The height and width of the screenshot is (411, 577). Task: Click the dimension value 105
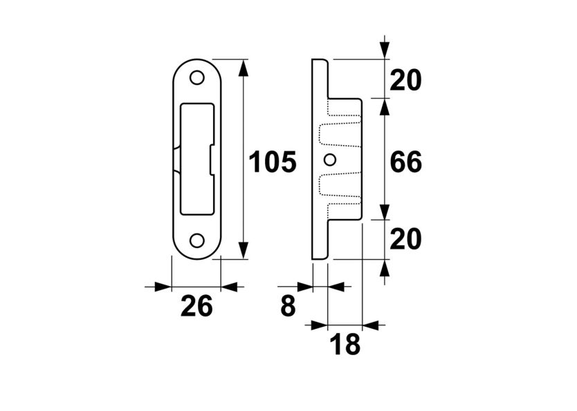pyautogui.click(x=273, y=162)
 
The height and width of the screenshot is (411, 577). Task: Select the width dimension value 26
pyautogui.click(x=196, y=306)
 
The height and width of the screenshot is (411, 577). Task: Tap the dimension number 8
pyautogui.click(x=288, y=306)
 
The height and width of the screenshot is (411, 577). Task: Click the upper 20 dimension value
pyautogui.click(x=405, y=81)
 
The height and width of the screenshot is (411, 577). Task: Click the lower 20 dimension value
pyautogui.click(x=405, y=240)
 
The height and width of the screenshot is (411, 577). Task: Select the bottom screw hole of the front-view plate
pyautogui.click(x=197, y=240)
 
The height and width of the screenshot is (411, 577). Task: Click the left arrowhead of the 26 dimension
pyautogui.click(x=163, y=287)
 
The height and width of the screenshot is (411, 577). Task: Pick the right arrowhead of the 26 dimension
pyautogui.click(x=228, y=287)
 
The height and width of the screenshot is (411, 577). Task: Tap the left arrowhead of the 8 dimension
pyautogui.click(x=304, y=287)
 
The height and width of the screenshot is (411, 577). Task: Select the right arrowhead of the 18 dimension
pyautogui.click(x=370, y=324)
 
